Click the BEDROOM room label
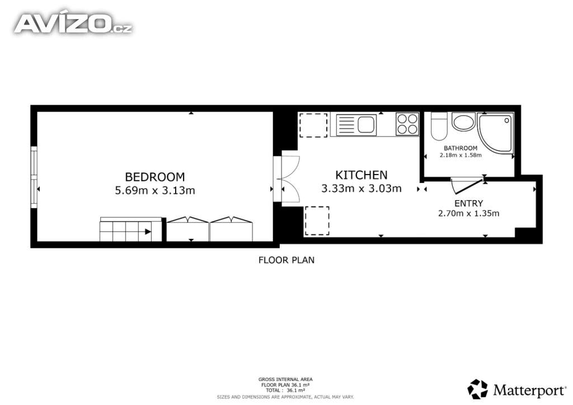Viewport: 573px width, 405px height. (x=154, y=177)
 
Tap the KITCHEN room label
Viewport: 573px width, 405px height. (x=361, y=175)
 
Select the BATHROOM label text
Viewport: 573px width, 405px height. (x=461, y=148)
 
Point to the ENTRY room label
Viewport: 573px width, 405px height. (x=468, y=204)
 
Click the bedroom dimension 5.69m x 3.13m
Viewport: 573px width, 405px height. (x=155, y=190)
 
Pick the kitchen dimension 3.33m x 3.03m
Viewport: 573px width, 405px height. (x=361, y=189)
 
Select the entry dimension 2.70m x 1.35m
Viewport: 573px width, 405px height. (x=468, y=213)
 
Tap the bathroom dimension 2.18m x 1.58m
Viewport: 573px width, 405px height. (x=461, y=155)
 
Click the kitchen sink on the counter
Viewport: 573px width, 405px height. (x=356, y=125)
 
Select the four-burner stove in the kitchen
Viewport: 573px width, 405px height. (x=407, y=124)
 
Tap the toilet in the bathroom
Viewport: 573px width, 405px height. (x=439, y=126)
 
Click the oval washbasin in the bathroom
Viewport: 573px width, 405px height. (x=464, y=122)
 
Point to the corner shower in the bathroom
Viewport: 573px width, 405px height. (x=496, y=133)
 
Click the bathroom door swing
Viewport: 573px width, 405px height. (x=468, y=186)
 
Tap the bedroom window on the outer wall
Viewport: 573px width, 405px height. (x=34, y=177)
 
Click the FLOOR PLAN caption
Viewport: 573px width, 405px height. (x=286, y=260)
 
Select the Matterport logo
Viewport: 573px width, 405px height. (x=516, y=389)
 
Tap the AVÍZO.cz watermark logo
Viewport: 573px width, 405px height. (x=73, y=23)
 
